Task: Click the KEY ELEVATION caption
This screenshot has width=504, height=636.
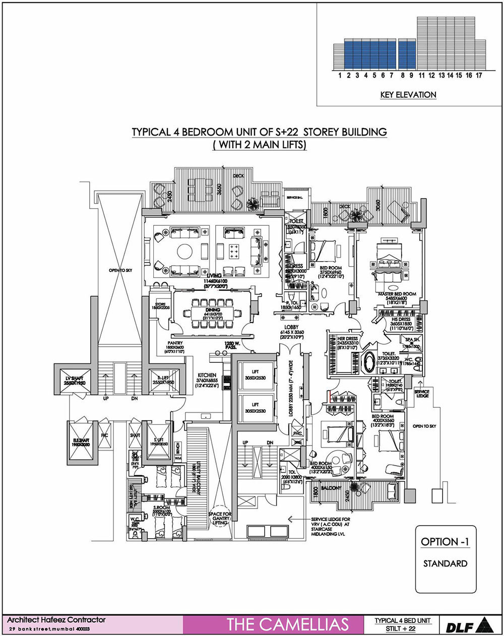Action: point(409,95)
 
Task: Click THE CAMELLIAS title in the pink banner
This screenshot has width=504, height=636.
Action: point(287,624)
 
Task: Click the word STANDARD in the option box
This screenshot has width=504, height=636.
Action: point(445,563)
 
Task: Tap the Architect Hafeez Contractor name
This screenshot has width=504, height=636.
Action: point(56,620)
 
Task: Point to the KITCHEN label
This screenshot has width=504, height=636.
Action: point(207,375)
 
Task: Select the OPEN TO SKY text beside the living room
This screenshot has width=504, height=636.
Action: point(119,271)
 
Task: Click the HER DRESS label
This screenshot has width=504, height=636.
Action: point(347,339)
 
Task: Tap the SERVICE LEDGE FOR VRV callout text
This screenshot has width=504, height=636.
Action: point(331,519)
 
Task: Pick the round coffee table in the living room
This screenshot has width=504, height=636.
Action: point(184,250)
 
